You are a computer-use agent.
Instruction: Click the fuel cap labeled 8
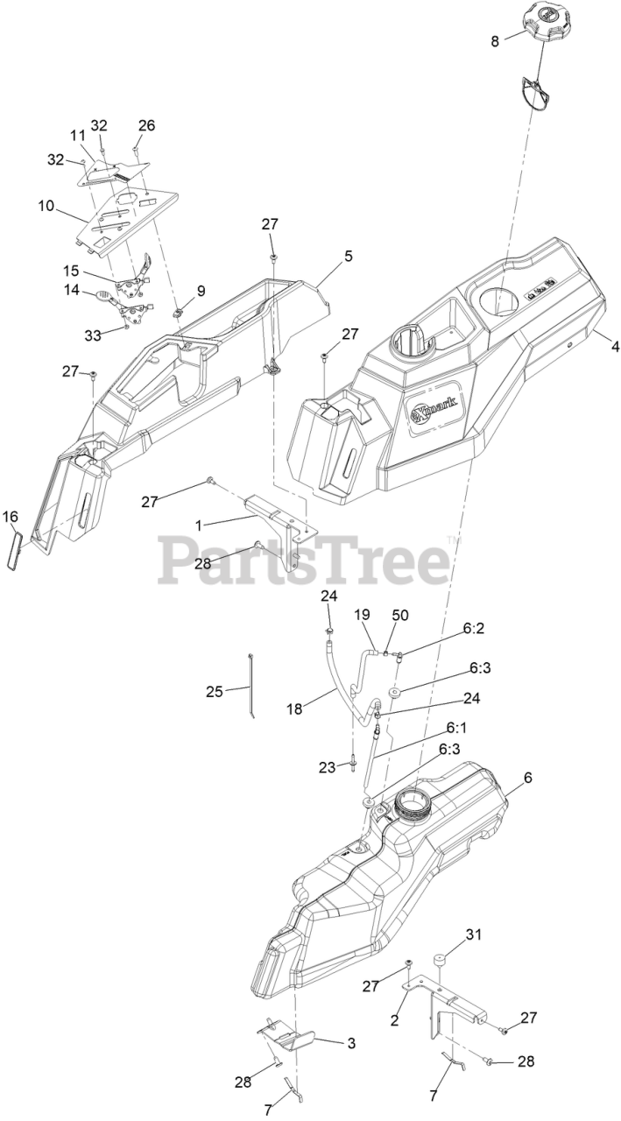[547, 29]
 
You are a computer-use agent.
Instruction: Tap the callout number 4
[615, 347]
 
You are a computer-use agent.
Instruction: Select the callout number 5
[348, 256]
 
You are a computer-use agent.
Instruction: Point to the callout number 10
[46, 208]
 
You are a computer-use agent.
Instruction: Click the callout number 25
[215, 691]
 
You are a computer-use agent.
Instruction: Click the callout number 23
[327, 767]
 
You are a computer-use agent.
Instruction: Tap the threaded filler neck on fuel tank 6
[412, 801]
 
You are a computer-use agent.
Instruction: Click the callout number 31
[473, 934]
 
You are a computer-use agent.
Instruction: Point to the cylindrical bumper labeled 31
[441, 960]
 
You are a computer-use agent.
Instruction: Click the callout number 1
[199, 525]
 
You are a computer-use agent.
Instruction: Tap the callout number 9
[201, 291]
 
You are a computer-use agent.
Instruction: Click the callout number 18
[294, 709]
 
